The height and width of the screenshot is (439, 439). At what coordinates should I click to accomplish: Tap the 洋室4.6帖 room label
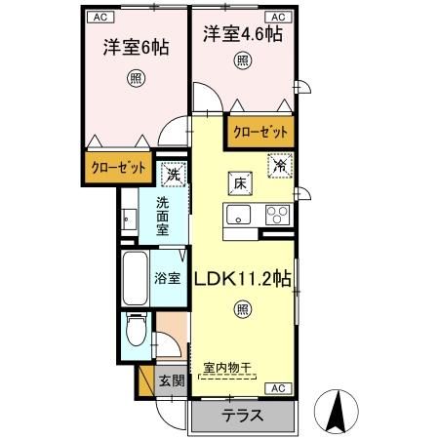(x=243, y=35)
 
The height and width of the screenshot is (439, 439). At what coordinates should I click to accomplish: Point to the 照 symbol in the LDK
(x=241, y=310)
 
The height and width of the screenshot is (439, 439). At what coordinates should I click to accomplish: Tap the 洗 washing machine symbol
(x=173, y=176)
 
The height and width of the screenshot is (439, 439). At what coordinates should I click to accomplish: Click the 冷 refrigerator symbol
(x=279, y=165)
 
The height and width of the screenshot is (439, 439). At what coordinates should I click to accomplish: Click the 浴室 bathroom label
(x=167, y=278)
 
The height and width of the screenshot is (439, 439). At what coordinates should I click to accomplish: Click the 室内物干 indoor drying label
(x=227, y=368)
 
